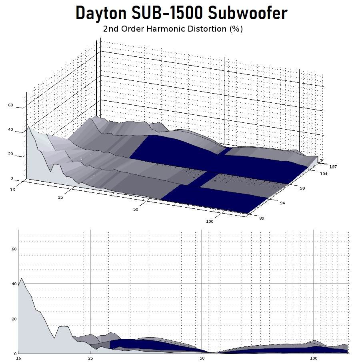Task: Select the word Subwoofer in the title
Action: click(248, 13)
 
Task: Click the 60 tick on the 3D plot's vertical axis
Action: click(11, 105)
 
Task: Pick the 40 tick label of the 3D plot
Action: click(11, 130)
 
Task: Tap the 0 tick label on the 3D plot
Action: click(12, 178)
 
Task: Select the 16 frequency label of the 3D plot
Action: click(12, 190)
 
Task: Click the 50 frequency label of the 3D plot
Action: click(136, 209)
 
